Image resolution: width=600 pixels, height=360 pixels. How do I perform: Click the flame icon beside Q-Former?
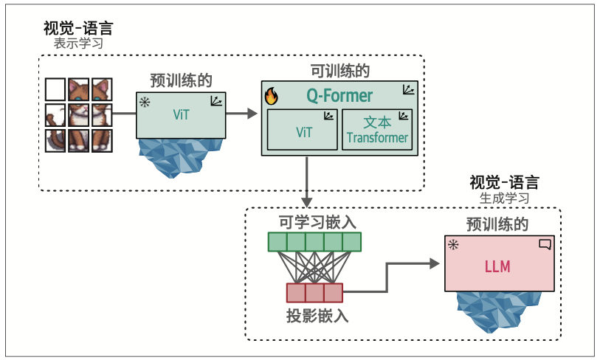[x=271, y=96]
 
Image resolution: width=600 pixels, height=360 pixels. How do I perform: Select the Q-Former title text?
[x=339, y=96]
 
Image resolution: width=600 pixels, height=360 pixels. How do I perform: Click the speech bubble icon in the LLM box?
[x=545, y=244]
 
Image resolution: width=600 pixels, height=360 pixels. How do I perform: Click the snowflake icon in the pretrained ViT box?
[x=144, y=100]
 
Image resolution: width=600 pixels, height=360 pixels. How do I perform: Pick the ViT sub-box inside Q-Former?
[x=303, y=130]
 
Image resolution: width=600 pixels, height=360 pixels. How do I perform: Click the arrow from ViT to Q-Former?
[x=244, y=114]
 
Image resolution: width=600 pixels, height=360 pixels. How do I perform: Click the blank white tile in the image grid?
[x=55, y=90]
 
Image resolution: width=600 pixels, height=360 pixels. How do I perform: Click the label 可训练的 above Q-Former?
[x=340, y=72]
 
